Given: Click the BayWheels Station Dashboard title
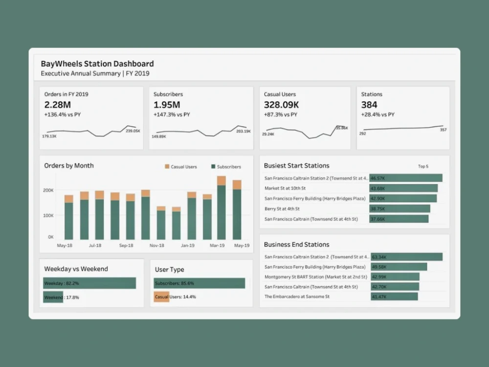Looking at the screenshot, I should coord(97,64).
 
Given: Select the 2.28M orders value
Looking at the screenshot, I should coord(57,105).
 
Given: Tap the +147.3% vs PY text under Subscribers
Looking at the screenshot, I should coord(172,115).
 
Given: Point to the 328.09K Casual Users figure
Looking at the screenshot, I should coord(281,105).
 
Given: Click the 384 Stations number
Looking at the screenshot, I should coord(369,105).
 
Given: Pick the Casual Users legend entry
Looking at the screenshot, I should coord(180,167).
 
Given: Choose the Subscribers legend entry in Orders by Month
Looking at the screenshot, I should coord(226,167).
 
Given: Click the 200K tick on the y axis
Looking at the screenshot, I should coord(48,190).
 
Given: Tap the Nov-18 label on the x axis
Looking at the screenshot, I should coord(156,245).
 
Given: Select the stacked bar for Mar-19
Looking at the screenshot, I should coord(221,207).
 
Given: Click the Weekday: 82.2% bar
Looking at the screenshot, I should coord(89,283).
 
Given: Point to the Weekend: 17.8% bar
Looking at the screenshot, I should coord(53,297).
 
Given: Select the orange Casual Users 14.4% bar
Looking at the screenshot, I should coord(161,297).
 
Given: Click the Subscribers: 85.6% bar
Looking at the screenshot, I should coord(200,283).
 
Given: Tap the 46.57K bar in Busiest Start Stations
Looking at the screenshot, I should coord(406,178).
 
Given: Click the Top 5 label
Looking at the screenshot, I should coord(423,166).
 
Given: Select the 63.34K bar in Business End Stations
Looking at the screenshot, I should coord(406,257).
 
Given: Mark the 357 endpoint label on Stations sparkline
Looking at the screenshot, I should coord(443,130).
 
